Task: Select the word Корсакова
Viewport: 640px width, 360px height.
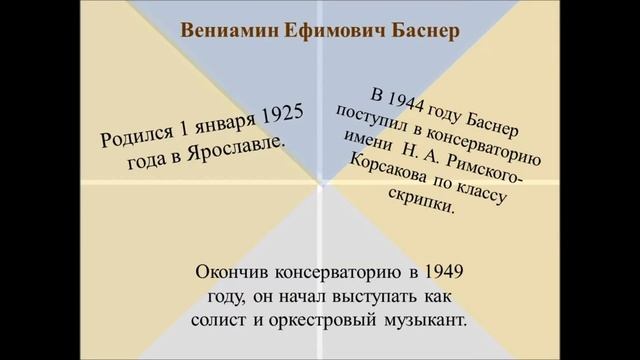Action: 390,169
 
